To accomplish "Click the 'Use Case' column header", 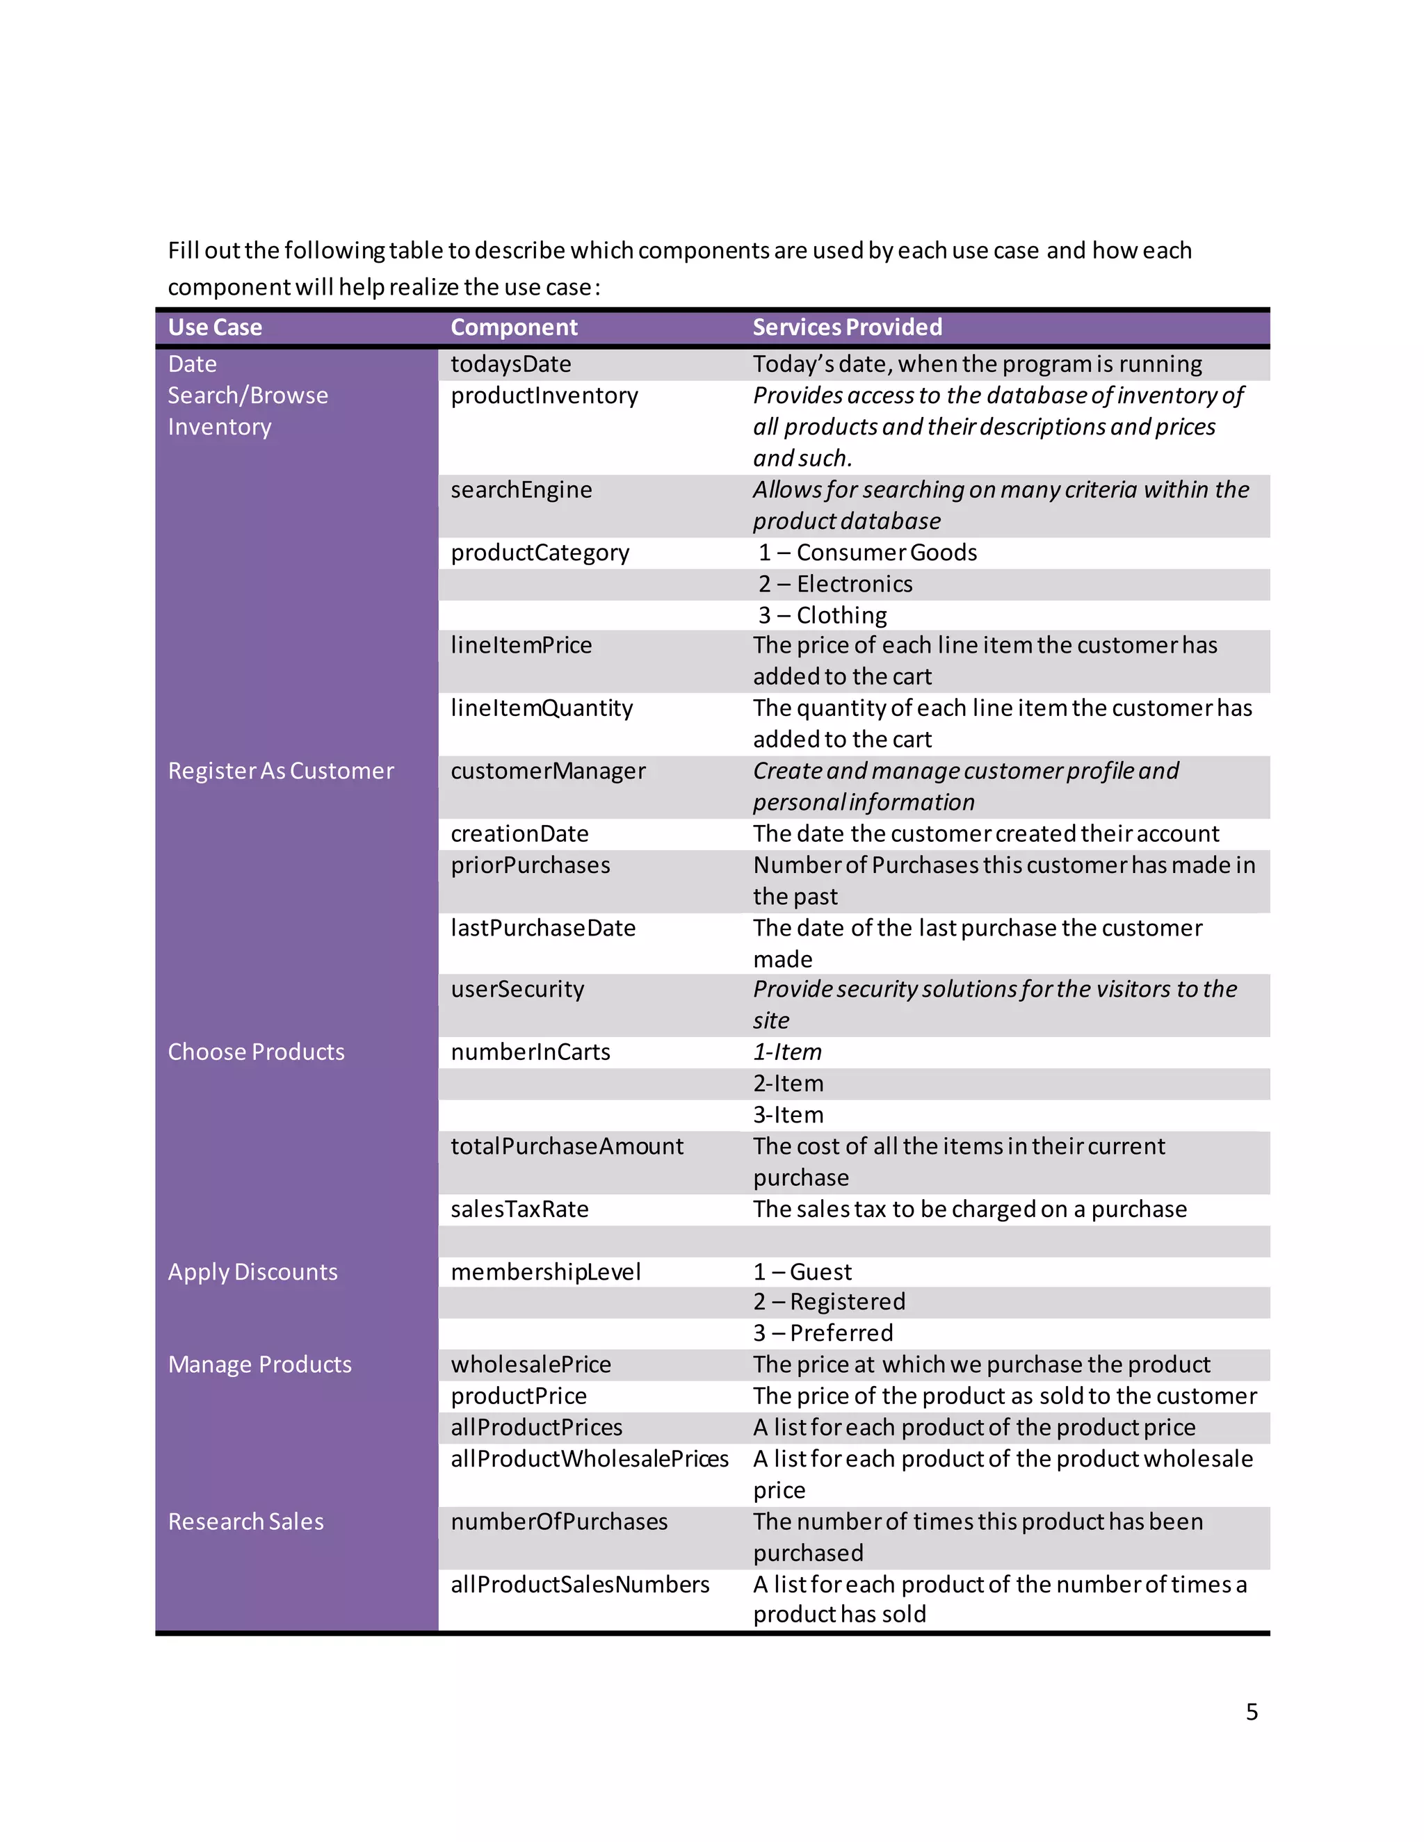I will [214, 327].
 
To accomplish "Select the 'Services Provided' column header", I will [847, 327].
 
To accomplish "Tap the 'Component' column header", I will [514, 327].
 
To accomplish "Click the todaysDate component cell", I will [510, 364].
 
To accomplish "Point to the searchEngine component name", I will [521, 490].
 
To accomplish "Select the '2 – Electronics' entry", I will [834, 584].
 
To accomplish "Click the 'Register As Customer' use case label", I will [280, 771].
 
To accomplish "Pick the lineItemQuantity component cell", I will [541, 708].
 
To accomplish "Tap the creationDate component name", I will [519, 834].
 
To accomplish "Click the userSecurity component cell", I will [517, 989].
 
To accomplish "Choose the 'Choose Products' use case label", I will [256, 1052].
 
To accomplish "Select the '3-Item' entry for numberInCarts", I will [788, 1115].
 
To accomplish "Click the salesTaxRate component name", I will [519, 1209].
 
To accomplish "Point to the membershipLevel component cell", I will [545, 1272].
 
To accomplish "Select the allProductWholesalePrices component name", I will [589, 1459].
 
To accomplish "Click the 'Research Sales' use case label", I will [245, 1522].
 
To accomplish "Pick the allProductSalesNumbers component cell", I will [580, 1585].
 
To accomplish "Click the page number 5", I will [1251, 1711].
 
